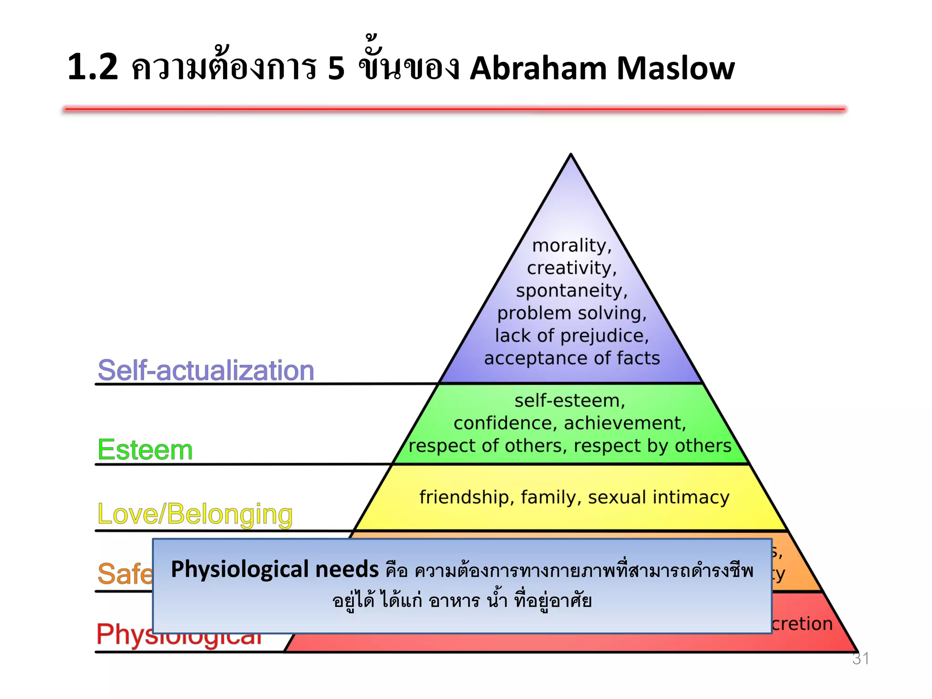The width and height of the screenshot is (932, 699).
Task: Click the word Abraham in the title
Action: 538,68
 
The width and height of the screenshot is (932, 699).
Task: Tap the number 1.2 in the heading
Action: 93,67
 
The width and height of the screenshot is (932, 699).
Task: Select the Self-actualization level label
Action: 206,370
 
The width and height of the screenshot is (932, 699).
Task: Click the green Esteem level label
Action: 145,450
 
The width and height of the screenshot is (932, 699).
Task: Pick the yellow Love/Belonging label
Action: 195,514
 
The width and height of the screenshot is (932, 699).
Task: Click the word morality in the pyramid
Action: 572,246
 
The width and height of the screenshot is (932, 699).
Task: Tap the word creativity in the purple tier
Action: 572,268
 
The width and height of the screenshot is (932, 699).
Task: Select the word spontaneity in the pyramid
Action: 572,291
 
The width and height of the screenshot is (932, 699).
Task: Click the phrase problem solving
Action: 572,313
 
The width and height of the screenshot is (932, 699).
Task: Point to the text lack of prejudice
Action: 572,336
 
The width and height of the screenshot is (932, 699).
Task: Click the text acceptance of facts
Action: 572,358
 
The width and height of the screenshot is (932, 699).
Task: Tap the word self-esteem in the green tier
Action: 569,401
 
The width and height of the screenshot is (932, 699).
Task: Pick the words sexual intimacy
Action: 658,497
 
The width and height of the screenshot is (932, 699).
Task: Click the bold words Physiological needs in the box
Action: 274,569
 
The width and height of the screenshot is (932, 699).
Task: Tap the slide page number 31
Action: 860,658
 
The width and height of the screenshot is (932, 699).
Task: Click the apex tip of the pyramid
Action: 571,156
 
